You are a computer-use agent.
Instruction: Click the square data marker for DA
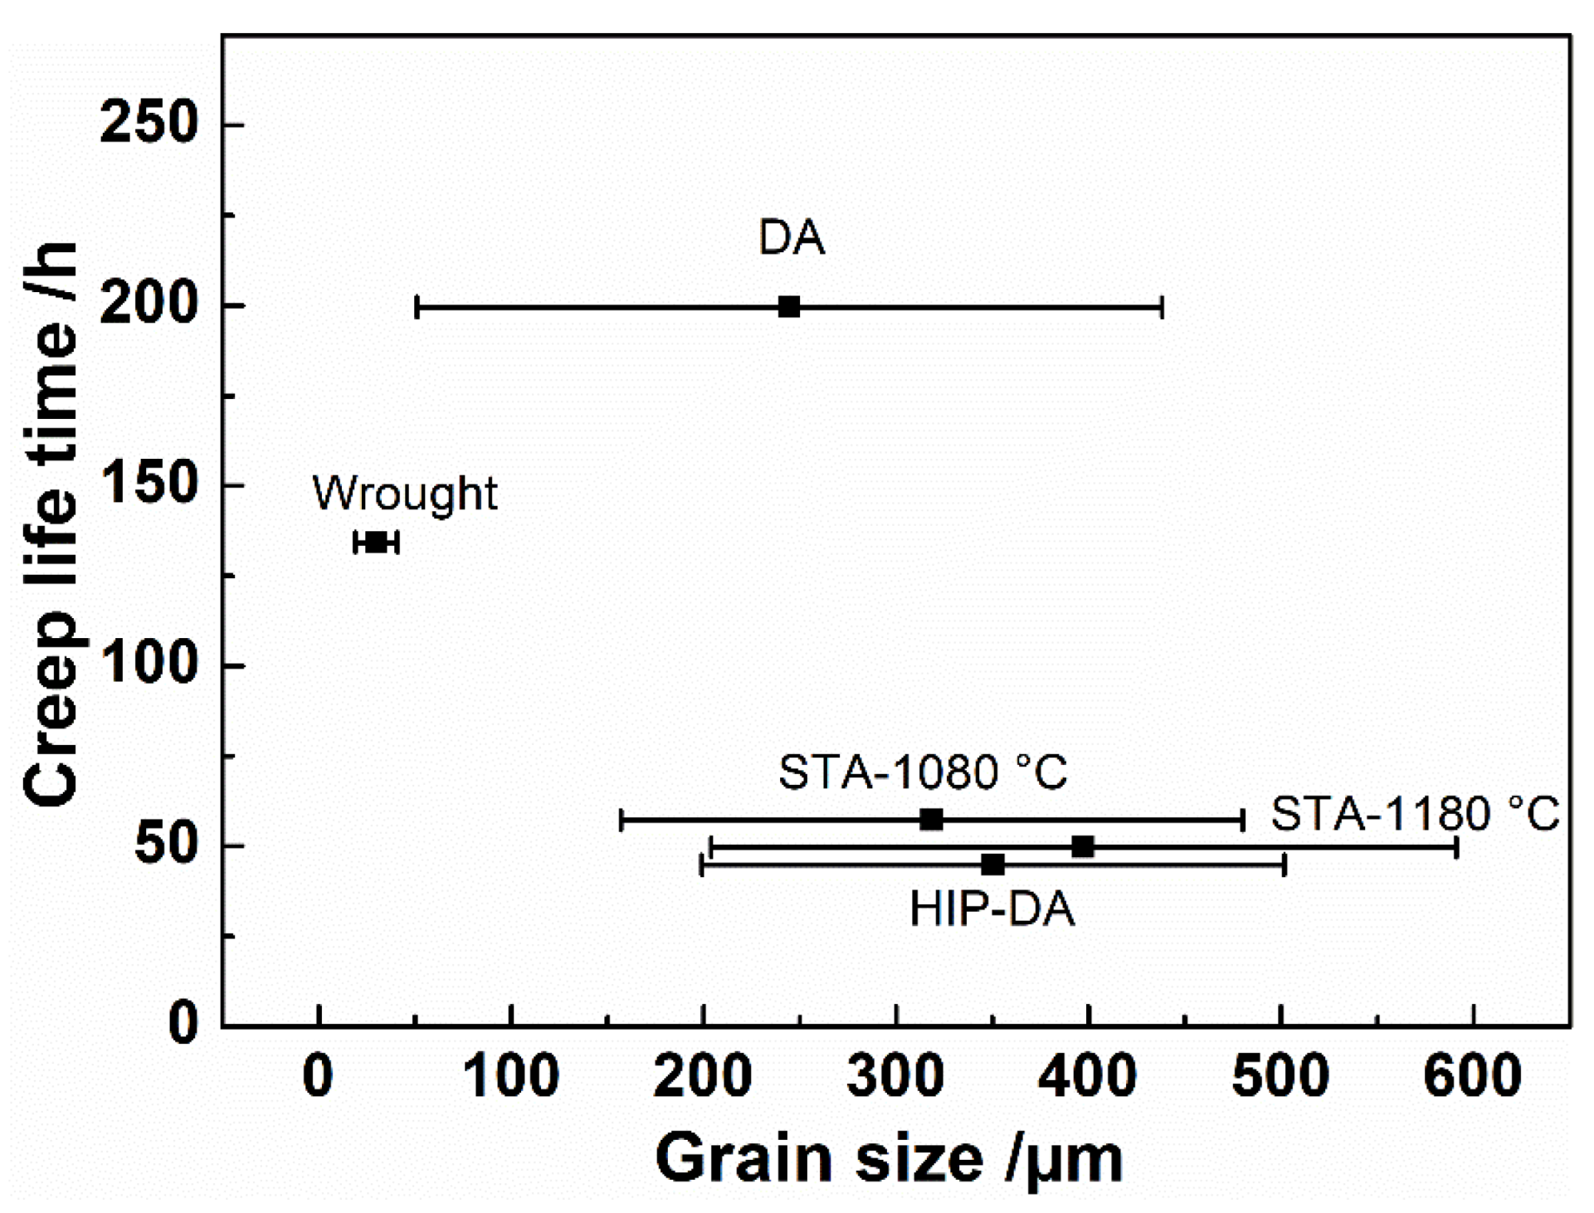pyautogui.click(x=788, y=307)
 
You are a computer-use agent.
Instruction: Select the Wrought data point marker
pyautogui.click(x=377, y=543)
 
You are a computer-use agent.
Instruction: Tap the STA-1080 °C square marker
pyautogui.click(x=931, y=820)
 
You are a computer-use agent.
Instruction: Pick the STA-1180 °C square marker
pyautogui.click(x=1082, y=847)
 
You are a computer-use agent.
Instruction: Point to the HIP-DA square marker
pyautogui.click(x=992, y=865)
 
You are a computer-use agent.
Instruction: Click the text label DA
pyautogui.click(x=792, y=238)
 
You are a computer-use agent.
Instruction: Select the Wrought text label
pyautogui.click(x=404, y=494)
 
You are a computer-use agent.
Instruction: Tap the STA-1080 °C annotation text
pyautogui.click(x=922, y=772)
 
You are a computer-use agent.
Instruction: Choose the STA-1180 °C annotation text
pyautogui.click(x=1414, y=814)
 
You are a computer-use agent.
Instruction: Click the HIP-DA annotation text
pyautogui.click(x=992, y=909)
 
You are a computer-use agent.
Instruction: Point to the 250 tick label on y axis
pyautogui.click(x=149, y=124)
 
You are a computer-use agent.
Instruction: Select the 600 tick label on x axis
pyautogui.click(x=1472, y=1076)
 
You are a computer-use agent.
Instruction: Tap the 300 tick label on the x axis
pyautogui.click(x=894, y=1076)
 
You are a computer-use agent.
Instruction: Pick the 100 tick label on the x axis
pyautogui.click(x=510, y=1076)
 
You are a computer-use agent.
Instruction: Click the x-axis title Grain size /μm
pyautogui.click(x=889, y=1159)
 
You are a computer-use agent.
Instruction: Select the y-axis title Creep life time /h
pyautogui.click(x=51, y=524)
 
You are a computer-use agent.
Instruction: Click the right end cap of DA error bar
pyautogui.click(x=1162, y=307)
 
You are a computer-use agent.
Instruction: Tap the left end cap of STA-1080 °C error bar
pyautogui.click(x=621, y=820)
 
